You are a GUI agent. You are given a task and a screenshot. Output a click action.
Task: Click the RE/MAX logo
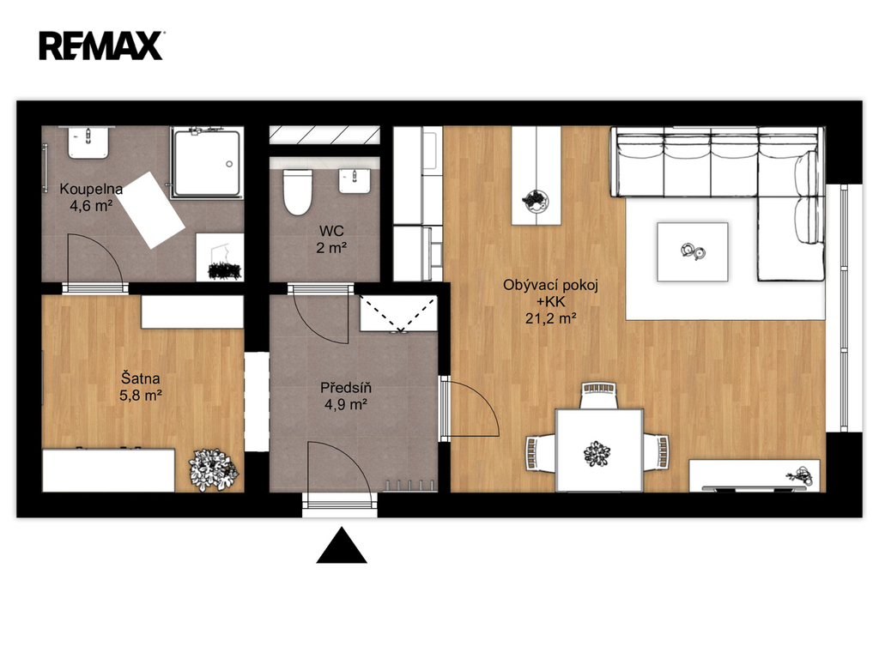(x=101, y=46)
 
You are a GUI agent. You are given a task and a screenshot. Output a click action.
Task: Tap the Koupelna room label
(x=91, y=189)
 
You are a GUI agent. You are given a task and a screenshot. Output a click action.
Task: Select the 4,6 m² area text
(x=91, y=206)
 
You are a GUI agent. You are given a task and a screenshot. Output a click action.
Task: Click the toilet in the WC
(x=297, y=192)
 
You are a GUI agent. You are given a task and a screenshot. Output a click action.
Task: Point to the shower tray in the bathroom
(x=208, y=162)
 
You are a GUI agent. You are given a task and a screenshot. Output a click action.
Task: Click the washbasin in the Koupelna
(x=88, y=142)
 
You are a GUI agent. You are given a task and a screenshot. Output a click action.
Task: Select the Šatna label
(x=141, y=378)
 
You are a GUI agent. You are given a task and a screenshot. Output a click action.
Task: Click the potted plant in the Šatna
(x=214, y=470)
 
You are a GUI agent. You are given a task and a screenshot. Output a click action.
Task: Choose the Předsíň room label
(x=346, y=387)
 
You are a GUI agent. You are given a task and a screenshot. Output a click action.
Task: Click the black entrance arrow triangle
(x=342, y=545)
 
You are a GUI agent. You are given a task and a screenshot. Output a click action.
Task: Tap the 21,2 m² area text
(x=551, y=318)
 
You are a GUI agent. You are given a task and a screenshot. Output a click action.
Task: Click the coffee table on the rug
(x=693, y=251)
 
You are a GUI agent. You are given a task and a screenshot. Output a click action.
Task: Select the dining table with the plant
(x=599, y=450)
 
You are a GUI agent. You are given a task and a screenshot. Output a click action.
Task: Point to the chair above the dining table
(x=598, y=396)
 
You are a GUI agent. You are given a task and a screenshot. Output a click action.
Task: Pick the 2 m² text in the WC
(x=331, y=247)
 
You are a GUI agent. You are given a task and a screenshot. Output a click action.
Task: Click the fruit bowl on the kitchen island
(x=536, y=200)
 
